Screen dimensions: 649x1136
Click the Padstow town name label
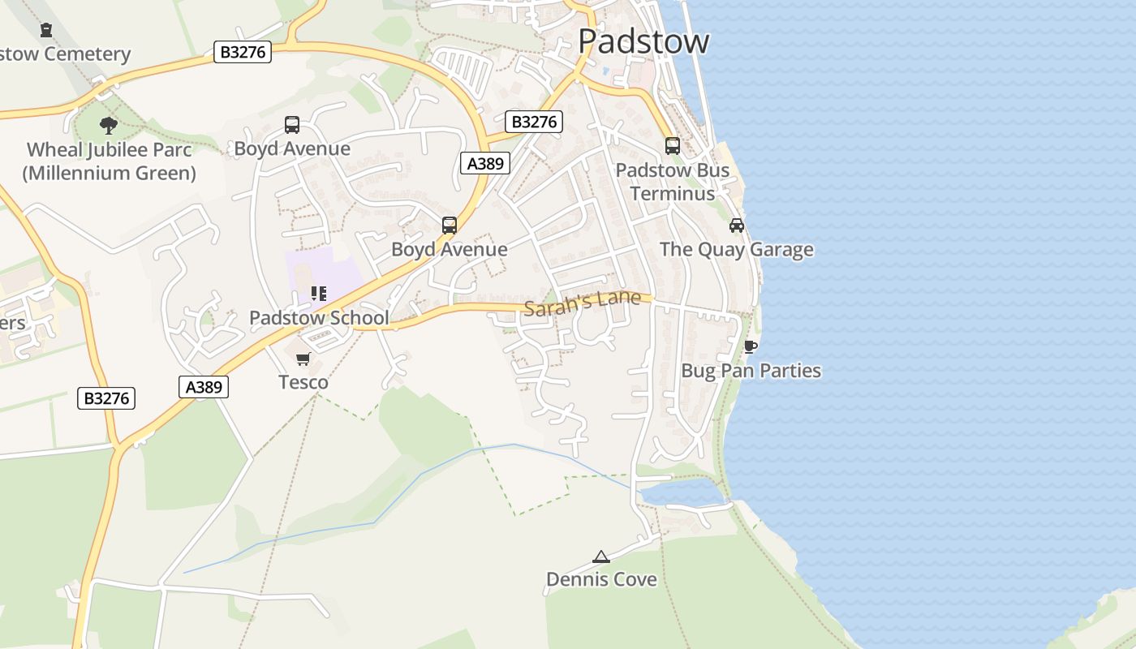coord(643,41)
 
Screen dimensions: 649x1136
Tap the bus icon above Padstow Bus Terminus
coord(673,146)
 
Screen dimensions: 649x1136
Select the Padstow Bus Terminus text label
coord(673,182)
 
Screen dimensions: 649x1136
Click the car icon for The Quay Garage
coord(737,225)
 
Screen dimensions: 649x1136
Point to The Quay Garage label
coord(736,249)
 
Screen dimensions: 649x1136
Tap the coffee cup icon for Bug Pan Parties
coord(751,346)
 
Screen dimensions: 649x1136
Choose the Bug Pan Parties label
coord(751,371)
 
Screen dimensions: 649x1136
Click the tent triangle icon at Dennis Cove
coord(600,557)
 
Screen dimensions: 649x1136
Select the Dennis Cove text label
coord(601,579)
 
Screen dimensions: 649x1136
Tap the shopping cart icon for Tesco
coord(303,359)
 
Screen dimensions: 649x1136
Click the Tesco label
coord(303,382)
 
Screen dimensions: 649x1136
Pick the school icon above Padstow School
coord(318,294)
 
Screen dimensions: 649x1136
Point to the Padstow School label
coord(319,318)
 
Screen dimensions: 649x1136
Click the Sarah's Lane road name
coord(582,303)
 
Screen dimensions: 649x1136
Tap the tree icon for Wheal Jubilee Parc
coord(109,125)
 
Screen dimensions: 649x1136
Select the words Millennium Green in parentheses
coord(109,173)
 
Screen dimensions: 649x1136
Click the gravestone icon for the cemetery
coord(46,30)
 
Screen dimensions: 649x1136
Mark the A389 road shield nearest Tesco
coord(203,387)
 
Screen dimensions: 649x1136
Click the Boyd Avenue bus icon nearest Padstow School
coord(450,226)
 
